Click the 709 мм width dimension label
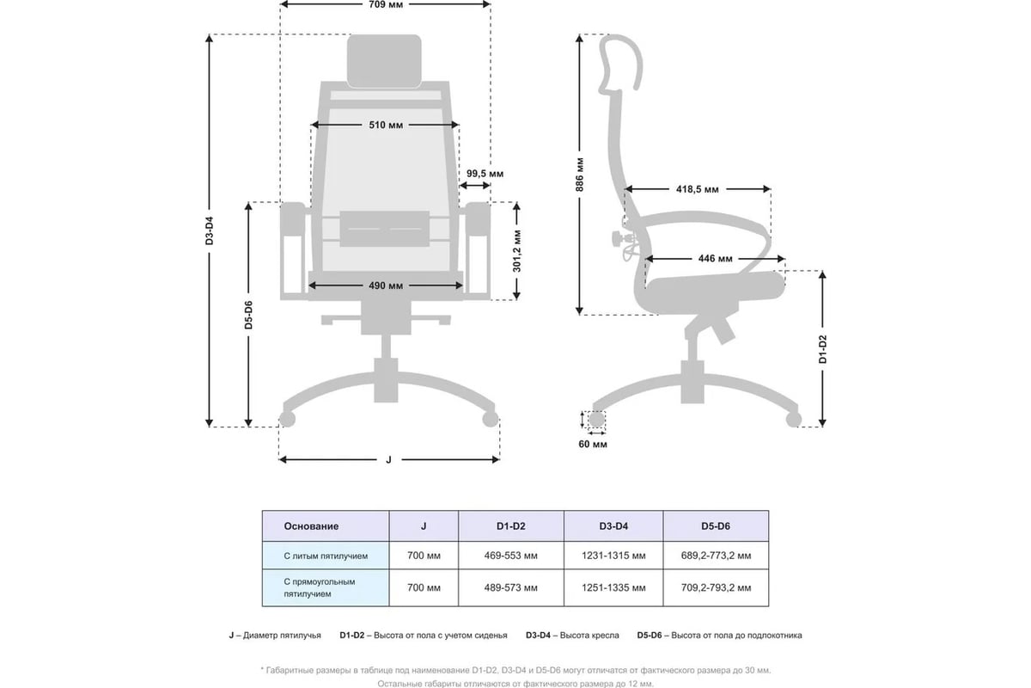386,4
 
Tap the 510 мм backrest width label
386,125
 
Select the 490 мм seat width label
386,286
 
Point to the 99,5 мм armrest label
485,174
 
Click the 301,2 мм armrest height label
517,250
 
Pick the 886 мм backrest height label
579,175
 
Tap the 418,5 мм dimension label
698,189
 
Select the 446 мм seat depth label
715,259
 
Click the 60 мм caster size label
593,445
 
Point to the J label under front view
389,459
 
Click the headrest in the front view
384,61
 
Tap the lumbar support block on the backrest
385,229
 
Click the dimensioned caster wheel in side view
597,420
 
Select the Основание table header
311,526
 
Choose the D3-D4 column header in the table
613,526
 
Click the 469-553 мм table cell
511,556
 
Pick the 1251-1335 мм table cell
613,588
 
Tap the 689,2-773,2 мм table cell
717,556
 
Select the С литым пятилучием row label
326,556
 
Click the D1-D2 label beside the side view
823,349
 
